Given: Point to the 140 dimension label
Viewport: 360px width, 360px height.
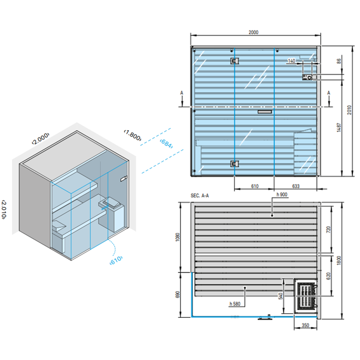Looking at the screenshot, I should pyautogui.click(x=292, y=61).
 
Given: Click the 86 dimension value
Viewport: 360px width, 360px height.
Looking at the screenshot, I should pyautogui.click(x=338, y=61).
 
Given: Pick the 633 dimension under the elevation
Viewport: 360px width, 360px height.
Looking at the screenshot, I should pyautogui.click(x=296, y=186).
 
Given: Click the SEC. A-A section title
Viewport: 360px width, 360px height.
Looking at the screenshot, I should pyautogui.click(x=200, y=196).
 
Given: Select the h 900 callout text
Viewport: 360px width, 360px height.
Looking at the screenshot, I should pyautogui.click(x=281, y=195).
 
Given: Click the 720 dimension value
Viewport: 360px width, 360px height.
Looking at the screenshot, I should pyautogui.click(x=329, y=228).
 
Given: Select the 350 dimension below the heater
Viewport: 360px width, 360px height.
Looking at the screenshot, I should pyautogui.click(x=305, y=325).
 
